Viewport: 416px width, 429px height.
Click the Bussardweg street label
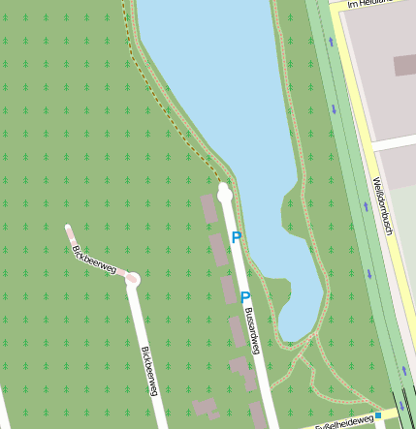click(252, 331)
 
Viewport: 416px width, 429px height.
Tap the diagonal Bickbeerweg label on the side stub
click(93, 260)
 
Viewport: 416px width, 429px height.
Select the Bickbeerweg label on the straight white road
click(148, 370)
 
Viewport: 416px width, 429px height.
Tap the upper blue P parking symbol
click(236, 237)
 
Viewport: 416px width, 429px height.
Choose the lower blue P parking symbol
click(244, 298)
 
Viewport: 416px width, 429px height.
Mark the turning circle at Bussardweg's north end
click(225, 193)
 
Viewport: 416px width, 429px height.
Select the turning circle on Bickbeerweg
click(132, 280)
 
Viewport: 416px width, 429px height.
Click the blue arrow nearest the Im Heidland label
click(331, 42)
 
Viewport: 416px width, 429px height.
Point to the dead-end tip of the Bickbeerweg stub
click(69, 230)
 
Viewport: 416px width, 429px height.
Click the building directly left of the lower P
click(228, 290)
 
